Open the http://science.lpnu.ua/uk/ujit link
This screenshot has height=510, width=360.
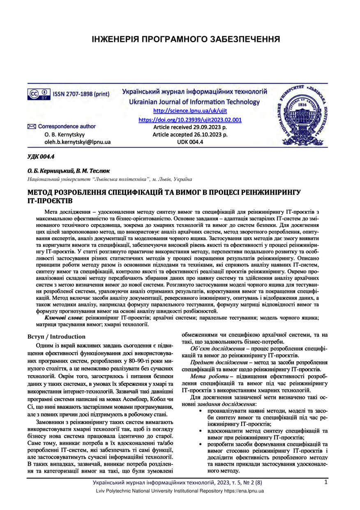pyautogui.click(x=190, y=111)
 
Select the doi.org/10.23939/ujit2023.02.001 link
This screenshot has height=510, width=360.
pyautogui.click(x=190, y=120)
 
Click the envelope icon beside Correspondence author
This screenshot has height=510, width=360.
pyautogui.click(x=32, y=127)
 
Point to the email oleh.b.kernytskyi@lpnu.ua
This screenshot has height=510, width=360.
pyautogui.click(x=78, y=142)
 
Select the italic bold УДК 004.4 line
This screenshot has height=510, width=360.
pyautogui.click(x=41, y=157)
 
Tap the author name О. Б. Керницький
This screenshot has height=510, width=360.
pyautogui.click(x=50, y=171)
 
